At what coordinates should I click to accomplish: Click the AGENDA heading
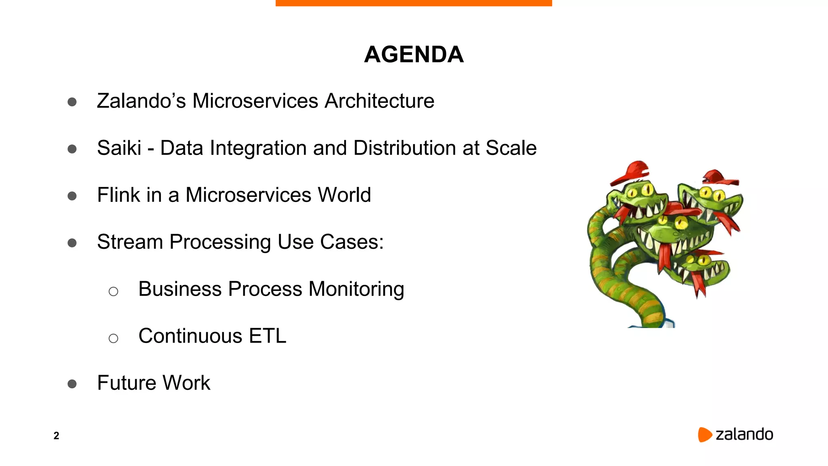click(x=414, y=55)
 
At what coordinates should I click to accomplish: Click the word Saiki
click(x=119, y=148)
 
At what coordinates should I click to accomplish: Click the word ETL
click(x=267, y=336)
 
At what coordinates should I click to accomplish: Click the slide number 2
click(x=56, y=436)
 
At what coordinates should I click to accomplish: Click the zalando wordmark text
click(x=744, y=434)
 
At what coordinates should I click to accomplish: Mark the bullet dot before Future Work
click(x=72, y=384)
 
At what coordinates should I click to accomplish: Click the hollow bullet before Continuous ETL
click(x=113, y=338)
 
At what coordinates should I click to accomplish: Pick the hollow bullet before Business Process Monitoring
click(x=113, y=291)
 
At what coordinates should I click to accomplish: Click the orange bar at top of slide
click(x=414, y=3)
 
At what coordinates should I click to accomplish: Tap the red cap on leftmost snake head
click(x=631, y=172)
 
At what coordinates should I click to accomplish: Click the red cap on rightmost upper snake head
click(x=719, y=178)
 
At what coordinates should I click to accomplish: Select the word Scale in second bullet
click(x=511, y=148)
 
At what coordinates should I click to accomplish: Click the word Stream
click(x=130, y=242)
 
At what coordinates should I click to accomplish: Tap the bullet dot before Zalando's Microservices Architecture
click(x=72, y=102)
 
